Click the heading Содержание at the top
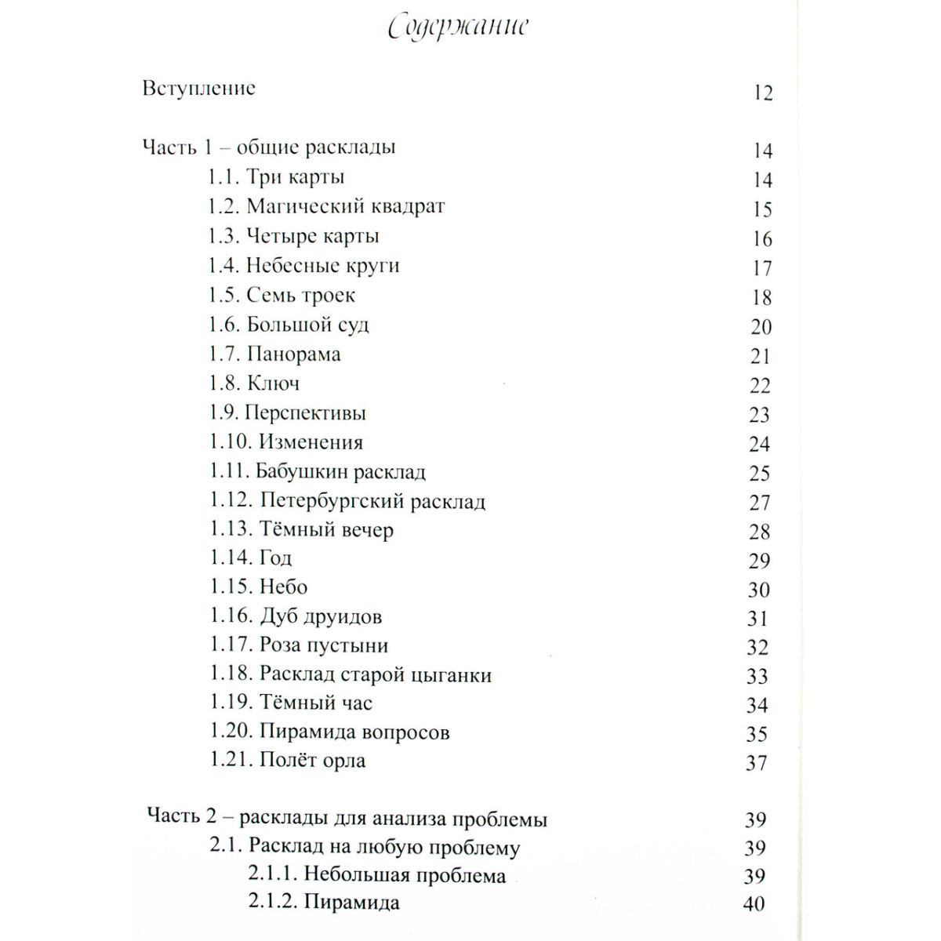tap(459, 28)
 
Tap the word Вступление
tap(199, 88)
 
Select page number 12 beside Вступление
tap(762, 93)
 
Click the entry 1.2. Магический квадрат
tap(326, 207)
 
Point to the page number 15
tap(762, 210)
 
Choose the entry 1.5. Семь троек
tap(282, 296)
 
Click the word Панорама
tap(294, 354)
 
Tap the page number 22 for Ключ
tap(761, 386)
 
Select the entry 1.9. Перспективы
tap(288, 413)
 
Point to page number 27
tap(760, 503)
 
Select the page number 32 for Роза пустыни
tap(758, 648)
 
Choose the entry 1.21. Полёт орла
tap(288, 761)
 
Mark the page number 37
tap(757, 762)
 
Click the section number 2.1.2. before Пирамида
tap(272, 902)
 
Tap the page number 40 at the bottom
tap(754, 904)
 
